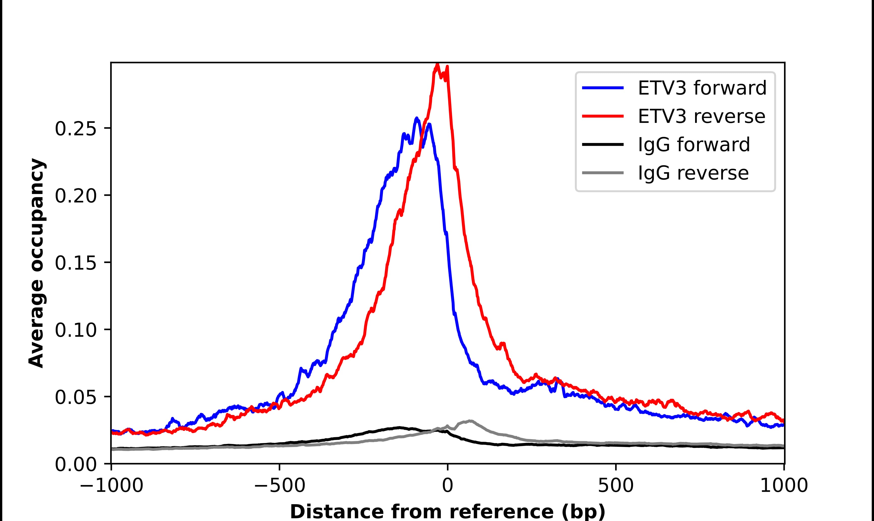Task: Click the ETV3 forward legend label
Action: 702,88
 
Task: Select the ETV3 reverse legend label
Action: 701,116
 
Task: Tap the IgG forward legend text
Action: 694,145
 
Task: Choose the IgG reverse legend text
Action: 693,173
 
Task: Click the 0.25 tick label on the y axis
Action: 76,129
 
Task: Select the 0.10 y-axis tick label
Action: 76,330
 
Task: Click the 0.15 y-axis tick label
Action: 76,263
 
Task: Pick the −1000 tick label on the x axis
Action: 111,486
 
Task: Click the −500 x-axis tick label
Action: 280,486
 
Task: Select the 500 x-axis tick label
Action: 616,486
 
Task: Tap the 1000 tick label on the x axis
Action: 784,486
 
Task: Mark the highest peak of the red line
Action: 437,64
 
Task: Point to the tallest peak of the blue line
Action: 416,118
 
